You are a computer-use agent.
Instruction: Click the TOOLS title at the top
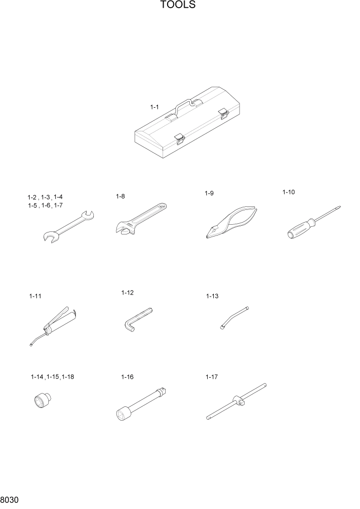(178, 6)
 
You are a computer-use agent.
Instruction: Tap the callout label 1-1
(154, 107)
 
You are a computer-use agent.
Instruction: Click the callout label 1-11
(35, 296)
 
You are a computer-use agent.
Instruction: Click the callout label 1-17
(211, 377)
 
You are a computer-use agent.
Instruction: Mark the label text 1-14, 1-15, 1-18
(52, 377)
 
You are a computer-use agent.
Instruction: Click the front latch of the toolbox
(179, 138)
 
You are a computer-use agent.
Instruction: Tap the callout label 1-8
(121, 196)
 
